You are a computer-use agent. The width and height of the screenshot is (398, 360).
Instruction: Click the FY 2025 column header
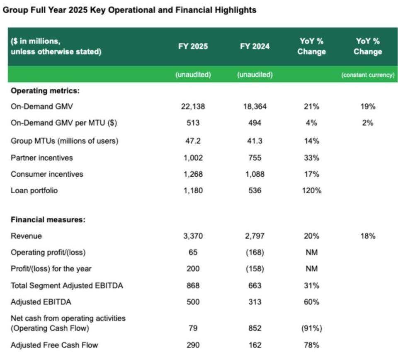tap(193, 46)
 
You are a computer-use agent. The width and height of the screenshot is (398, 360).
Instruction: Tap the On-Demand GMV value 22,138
tap(193, 107)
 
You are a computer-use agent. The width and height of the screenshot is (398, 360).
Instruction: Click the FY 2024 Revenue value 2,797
tap(254, 236)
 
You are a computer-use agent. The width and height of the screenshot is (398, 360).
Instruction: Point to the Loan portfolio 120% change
tap(311, 191)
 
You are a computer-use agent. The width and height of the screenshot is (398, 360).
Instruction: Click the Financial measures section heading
tap(48, 220)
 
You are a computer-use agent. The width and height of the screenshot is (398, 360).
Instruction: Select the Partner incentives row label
tap(42, 158)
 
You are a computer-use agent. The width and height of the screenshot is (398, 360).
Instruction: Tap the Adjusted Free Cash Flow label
tap(55, 345)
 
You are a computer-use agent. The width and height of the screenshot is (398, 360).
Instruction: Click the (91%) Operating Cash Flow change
tap(311, 328)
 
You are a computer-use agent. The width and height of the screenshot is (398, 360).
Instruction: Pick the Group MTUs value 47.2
tap(193, 141)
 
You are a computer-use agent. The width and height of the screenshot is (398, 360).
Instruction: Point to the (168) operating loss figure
tap(254, 252)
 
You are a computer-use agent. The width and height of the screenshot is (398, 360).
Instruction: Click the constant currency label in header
tap(367, 75)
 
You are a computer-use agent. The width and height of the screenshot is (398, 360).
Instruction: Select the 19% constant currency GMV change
tap(367, 107)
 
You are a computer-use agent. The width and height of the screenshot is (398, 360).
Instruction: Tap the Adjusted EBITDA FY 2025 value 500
tap(193, 302)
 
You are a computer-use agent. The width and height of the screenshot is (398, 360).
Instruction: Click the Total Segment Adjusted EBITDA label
tap(67, 286)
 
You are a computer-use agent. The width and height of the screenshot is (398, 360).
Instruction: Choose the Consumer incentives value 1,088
tap(254, 174)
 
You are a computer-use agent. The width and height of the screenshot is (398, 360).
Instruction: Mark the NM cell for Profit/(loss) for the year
tap(311, 269)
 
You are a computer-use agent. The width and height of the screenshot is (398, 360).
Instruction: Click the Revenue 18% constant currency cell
tap(367, 236)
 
